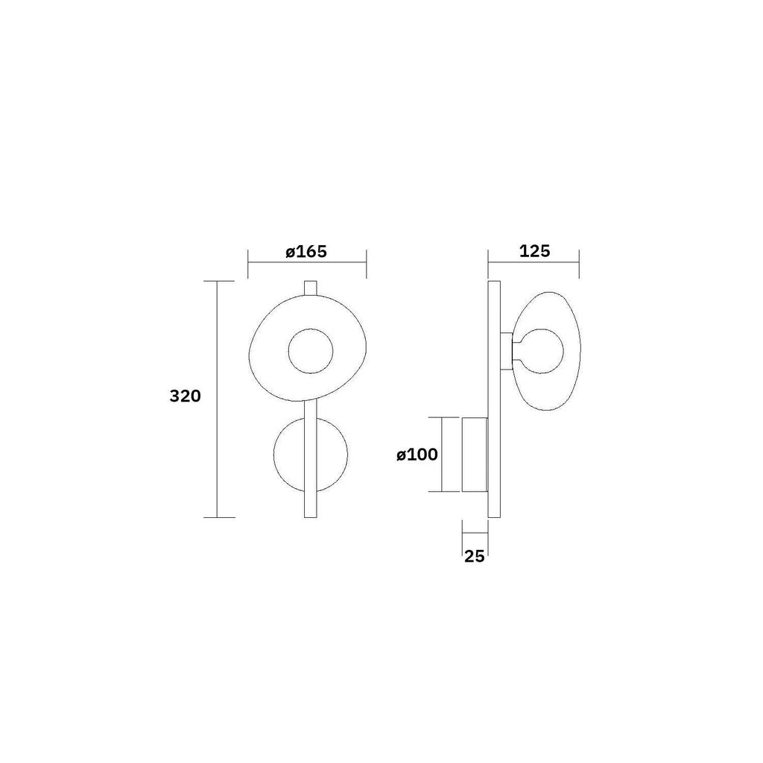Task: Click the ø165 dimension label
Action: pos(306,251)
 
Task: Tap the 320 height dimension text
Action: pos(185,396)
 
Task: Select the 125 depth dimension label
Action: pos(534,251)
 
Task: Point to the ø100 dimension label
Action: pos(417,455)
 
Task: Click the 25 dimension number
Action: pos(475,555)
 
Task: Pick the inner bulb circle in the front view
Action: pos(312,352)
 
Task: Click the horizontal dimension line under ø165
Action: pos(306,262)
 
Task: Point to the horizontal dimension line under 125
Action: pos(534,262)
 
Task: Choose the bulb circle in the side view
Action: pos(542,351)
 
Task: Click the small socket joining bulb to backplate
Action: pos(507,351)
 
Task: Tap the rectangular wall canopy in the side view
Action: pos(475,455)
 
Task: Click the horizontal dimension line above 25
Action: pos(475,534)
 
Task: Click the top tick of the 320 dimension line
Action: pos(216,282)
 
